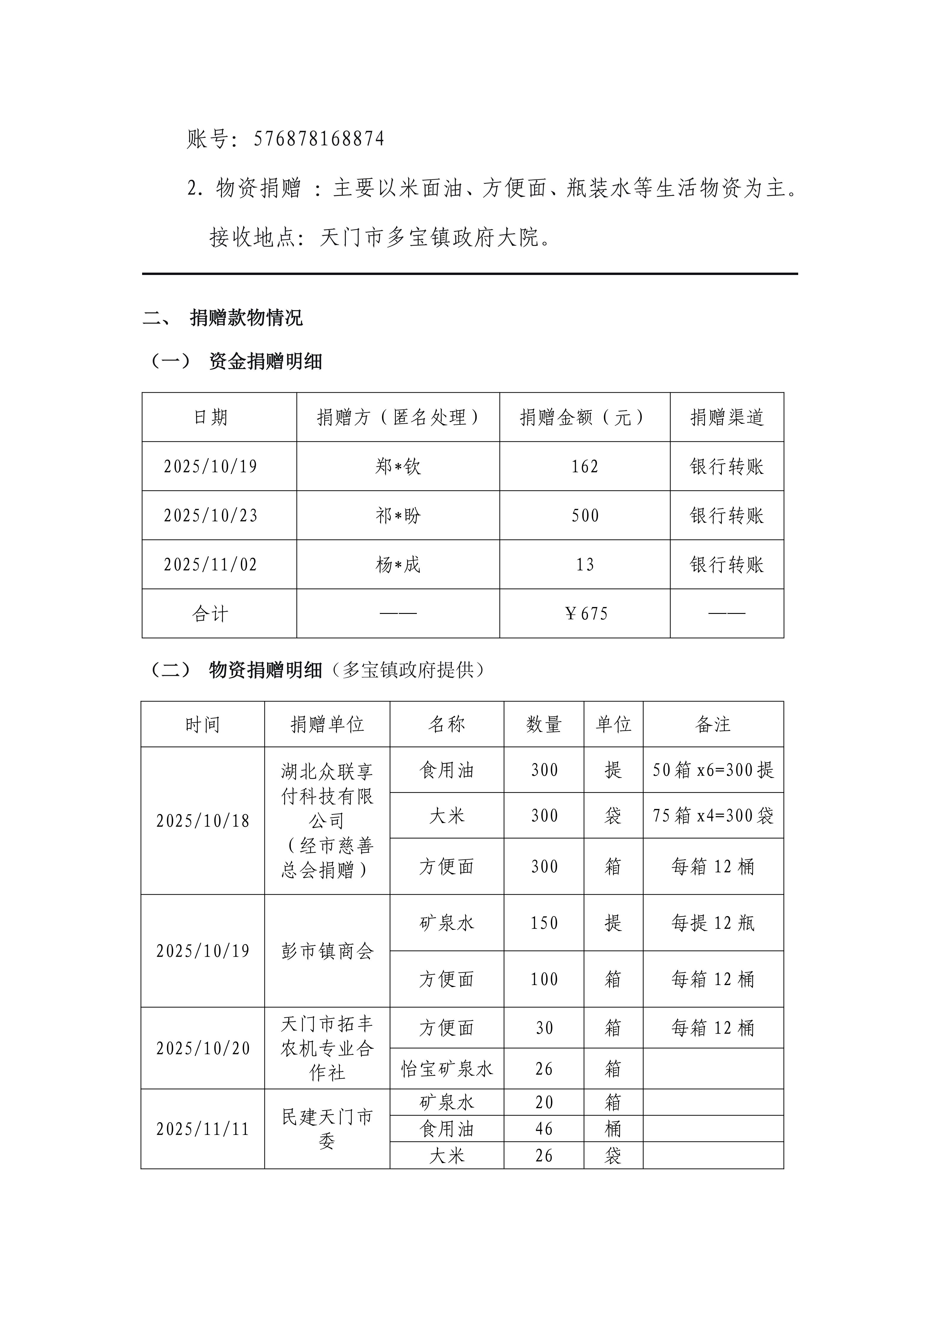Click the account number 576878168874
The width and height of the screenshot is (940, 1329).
(319, 139)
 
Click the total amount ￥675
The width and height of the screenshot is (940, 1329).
(586, 614)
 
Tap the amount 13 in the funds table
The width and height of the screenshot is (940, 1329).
(585, 564)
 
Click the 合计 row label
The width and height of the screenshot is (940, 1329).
(211, 614)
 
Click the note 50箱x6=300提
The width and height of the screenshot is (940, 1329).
(713, 770)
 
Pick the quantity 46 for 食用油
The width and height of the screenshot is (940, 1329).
(544, 1129)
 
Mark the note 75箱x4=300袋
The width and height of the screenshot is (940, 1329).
(713, 815)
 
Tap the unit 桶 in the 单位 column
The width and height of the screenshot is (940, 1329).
(613, 1129)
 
